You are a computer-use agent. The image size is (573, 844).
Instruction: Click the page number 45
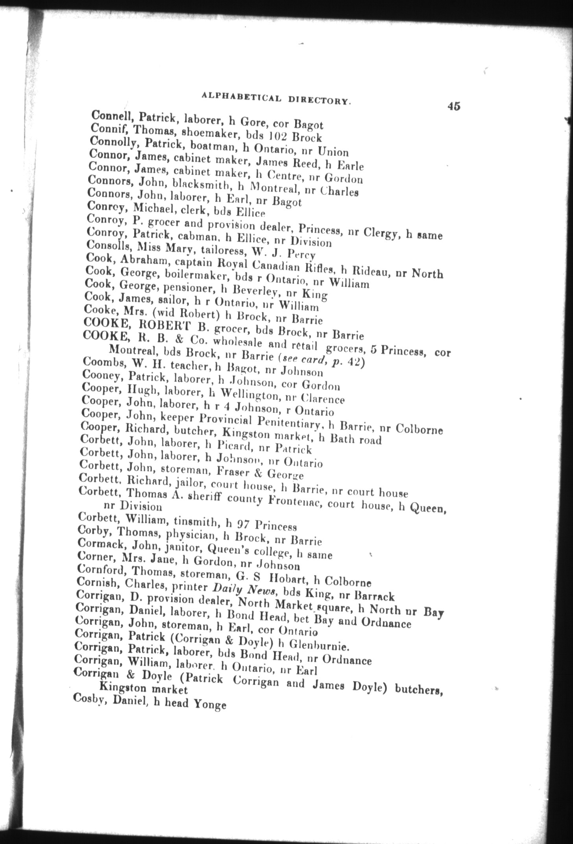pyautogui.click(x=453, y=106)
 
